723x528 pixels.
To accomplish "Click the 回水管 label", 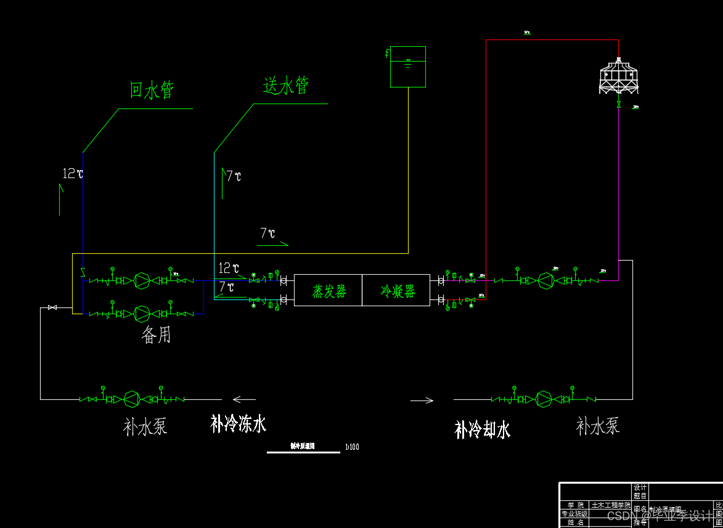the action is (x=152, y=90).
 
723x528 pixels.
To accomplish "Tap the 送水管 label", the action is (x=286, y=86).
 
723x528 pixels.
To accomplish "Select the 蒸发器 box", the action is (x=329, y=291).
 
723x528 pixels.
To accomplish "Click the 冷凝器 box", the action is (x=397, y=291).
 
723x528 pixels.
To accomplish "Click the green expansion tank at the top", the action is (x=408, y=67).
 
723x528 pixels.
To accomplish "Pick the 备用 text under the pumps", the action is (x=156, y=335).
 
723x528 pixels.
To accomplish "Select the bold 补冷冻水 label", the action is (x=238, y=424).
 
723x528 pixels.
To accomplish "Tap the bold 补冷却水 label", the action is (x=482, y=429).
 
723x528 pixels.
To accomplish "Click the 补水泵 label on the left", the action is (x=145, y=426).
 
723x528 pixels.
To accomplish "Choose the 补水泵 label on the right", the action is (x=597, y=425).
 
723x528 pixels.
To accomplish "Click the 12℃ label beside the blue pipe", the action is (x=73, y=174).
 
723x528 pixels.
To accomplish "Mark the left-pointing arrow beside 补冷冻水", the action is (x=244, y=399).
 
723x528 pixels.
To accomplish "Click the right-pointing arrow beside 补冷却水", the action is (x=422, y=400).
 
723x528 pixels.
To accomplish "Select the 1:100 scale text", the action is (x=353, y=447).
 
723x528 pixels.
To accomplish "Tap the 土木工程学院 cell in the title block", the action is (x=611, y=505).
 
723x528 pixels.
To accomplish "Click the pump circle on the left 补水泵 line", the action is (x=131, y=399).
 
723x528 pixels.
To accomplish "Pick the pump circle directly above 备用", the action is (x=142, y=313).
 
